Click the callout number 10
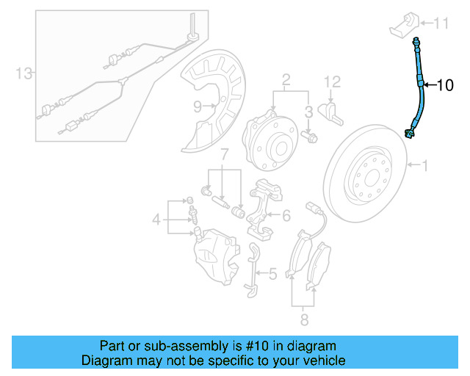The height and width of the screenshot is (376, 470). coord(446,85)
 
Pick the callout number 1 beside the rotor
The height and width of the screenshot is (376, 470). coord(423,166)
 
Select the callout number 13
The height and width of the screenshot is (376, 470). coord(25,73)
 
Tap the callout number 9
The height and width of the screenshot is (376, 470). coord(198,106)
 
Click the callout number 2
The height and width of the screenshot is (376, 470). coord(286,79)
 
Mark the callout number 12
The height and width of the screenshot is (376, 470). coord(332,80)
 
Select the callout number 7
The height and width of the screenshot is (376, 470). coord(225,155)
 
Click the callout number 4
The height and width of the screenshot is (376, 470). coord(156,219)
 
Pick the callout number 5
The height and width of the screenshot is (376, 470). coord(272,275)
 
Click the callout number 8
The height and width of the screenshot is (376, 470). coord(303,319)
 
